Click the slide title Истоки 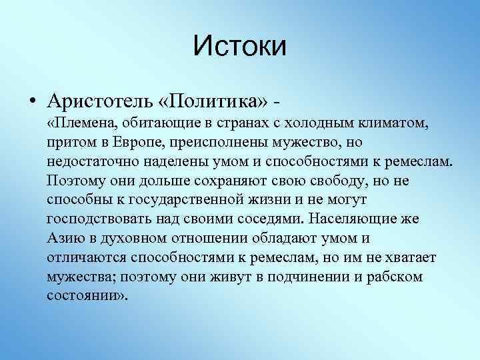coord(239,47)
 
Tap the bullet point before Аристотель coord(32,103)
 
